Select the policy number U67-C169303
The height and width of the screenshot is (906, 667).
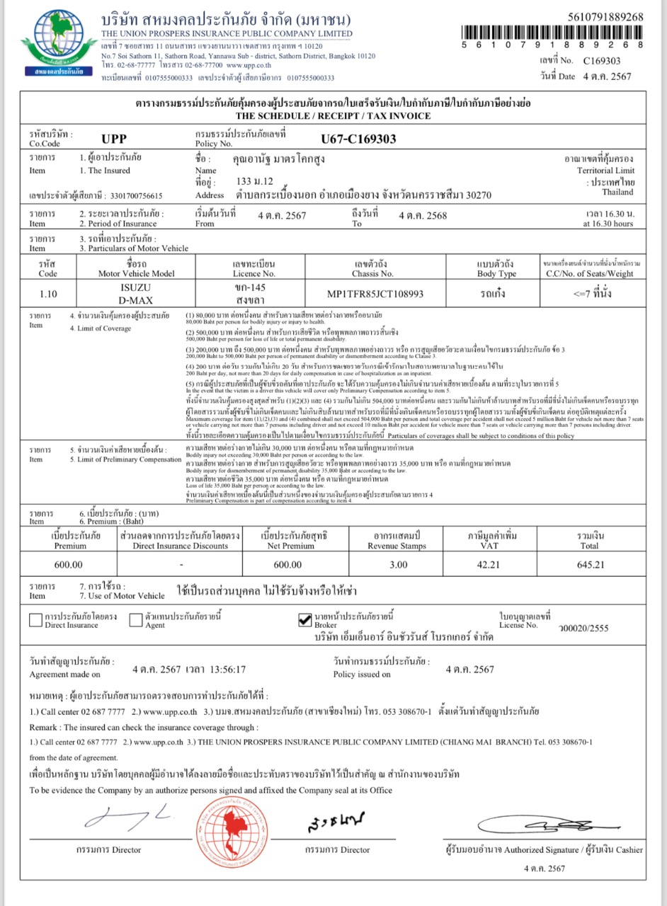tap(358, 139)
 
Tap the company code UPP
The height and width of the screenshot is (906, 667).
tap(113, 139)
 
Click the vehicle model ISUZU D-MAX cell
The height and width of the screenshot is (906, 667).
tap(137, 293)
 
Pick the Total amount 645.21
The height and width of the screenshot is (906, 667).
tap(591, 564)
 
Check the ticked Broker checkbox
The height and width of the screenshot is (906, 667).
tap(305, 620)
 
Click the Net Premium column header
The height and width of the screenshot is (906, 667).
tap(295, 540)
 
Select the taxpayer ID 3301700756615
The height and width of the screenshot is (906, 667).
tap(132, 195)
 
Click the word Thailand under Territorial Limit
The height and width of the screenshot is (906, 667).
tap(618, 192)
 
